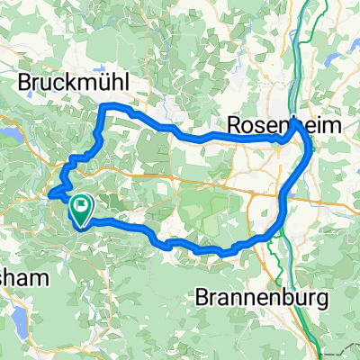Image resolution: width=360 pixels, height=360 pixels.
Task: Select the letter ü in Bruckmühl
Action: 106,83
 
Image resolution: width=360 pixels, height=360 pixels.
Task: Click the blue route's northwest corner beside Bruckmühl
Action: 102,108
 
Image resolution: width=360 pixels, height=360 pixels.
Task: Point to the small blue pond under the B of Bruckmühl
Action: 27,100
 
